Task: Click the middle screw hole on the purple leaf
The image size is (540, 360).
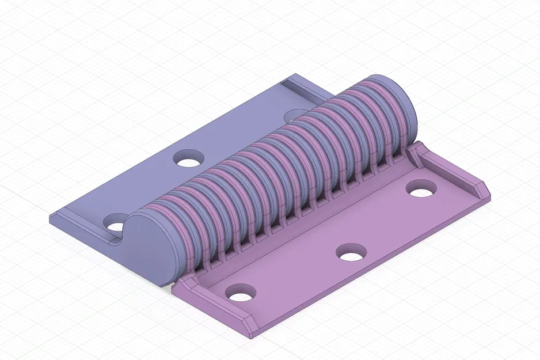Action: (x=351, y=252)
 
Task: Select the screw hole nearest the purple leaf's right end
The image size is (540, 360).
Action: (x=421, y=188)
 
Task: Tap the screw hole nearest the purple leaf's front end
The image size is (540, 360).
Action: (x=241, y=293)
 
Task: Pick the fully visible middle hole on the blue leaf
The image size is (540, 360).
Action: (x=188, y=158)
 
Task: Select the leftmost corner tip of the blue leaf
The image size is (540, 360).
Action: (x=51, y=218)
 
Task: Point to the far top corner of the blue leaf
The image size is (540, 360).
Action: (x=295, y=75)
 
